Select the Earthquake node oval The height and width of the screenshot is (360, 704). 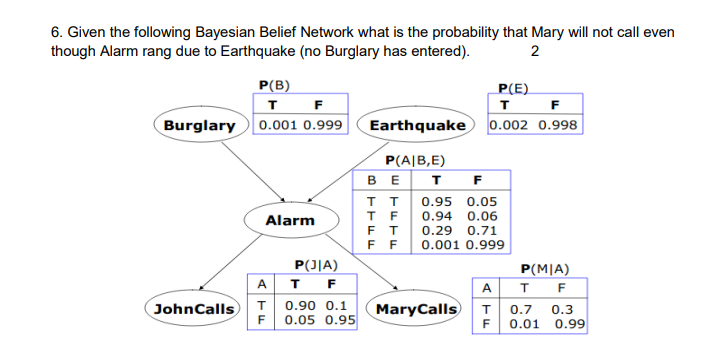(x=417, y=126)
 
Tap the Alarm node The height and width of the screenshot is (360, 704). (x=289, y=220)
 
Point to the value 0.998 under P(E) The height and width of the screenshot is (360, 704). (x=557, y=126)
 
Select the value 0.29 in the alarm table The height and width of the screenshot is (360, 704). (x=437, y=230)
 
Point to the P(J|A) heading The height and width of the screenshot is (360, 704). (x=315, y=265)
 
